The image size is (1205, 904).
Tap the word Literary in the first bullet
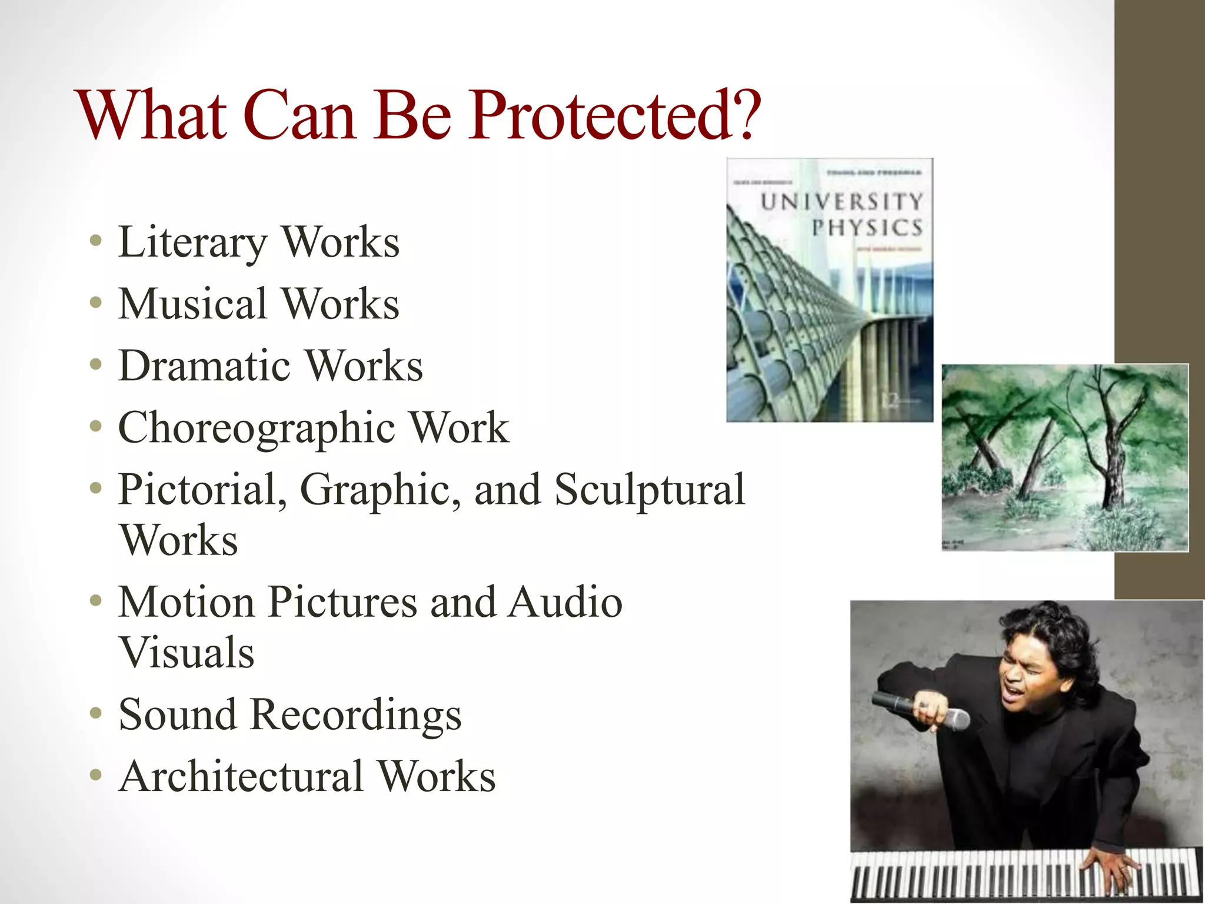192,242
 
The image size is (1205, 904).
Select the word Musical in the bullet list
192,304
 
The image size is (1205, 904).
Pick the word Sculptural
650,490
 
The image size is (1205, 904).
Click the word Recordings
355,716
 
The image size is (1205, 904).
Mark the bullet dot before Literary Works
96,241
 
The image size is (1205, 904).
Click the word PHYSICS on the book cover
866,228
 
